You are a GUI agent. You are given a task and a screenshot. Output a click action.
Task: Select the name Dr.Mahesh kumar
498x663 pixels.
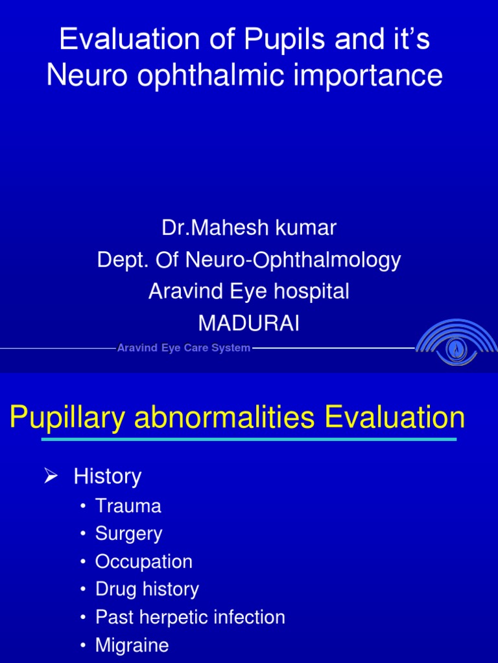click(249, 228)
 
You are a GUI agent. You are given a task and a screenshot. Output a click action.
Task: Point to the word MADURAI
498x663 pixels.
click(249, 323)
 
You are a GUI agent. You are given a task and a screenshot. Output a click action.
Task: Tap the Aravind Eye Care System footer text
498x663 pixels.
click(184, 348)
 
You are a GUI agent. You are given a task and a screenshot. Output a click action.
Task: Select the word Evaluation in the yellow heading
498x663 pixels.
click(395, 418)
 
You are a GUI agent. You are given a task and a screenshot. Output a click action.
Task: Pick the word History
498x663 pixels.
click(107, 477)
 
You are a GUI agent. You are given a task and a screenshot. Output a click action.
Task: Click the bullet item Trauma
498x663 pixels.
click(128, 506)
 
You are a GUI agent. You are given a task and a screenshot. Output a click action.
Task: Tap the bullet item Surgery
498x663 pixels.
click(128, 534)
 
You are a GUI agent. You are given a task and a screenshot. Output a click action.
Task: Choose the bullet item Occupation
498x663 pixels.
click(143, 561)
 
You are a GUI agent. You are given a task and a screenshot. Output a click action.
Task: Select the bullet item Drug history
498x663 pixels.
click(147, 589)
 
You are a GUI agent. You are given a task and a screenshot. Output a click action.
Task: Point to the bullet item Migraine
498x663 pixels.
click(132, 645)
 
